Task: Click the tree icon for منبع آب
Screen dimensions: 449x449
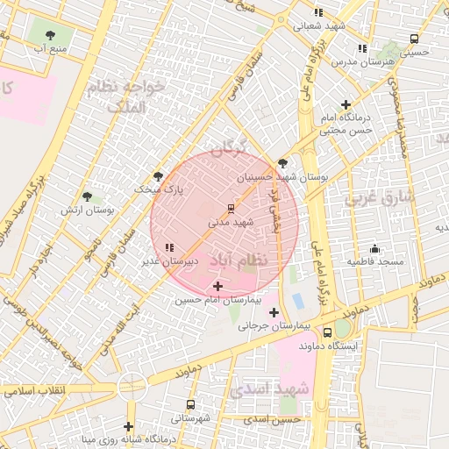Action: tap(50, 35)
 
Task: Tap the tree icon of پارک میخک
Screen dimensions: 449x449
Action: tap(158, 175)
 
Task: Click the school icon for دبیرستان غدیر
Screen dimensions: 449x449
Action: tap(169, 248)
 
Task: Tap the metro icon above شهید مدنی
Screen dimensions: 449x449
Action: tap(231, 209)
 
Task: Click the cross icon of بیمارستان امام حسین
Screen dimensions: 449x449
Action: tap(217, 286)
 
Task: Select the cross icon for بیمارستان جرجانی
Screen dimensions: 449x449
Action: tap(274, 312)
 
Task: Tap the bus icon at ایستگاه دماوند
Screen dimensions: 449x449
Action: tap(327, 332)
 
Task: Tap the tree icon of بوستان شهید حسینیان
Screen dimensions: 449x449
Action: tap(282, 163)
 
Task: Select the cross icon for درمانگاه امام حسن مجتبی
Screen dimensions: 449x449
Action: tap(346, 104)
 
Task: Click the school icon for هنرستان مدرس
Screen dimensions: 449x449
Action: tap(362, 48)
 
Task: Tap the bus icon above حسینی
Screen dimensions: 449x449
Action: tap(414, 39)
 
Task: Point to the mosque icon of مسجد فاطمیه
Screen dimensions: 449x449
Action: tap(374, 248)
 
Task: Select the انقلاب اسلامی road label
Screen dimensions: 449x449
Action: tap(31, 390)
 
